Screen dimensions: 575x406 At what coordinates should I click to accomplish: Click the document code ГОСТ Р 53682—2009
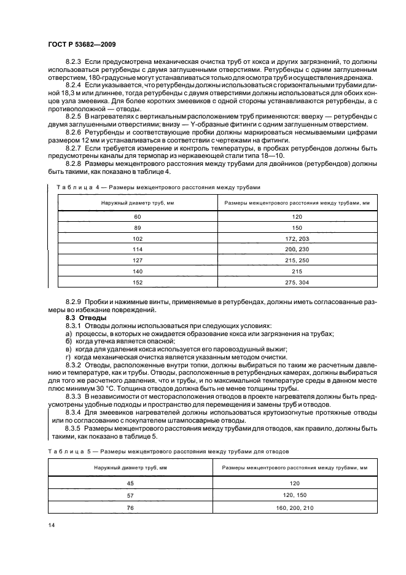pos(82,45)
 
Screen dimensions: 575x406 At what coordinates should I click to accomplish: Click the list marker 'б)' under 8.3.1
pos(69,341)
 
